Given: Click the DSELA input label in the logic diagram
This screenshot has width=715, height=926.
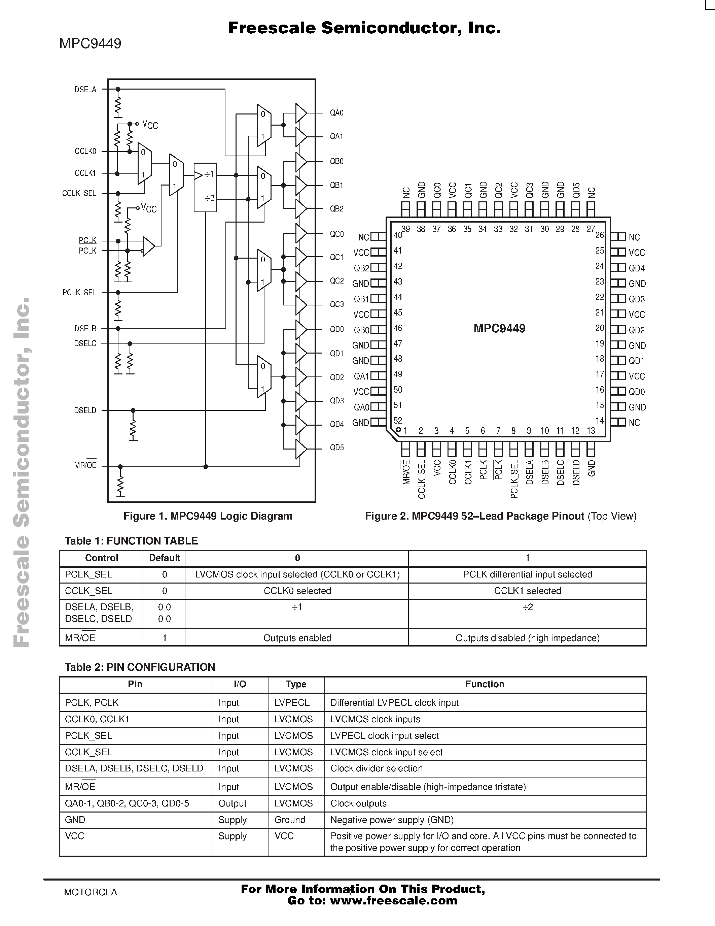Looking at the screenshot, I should (x=85, y=90).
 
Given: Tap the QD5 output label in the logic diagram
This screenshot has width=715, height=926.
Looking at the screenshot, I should (x=337, y=448).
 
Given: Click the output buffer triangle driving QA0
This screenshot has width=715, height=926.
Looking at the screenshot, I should (x=300, y=113).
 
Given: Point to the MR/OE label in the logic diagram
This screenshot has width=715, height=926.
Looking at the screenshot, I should (x=85, y=466).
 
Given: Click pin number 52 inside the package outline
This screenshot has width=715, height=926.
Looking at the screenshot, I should (x=398, y=421).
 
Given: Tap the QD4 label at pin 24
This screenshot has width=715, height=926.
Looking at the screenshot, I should (x=637, y=268).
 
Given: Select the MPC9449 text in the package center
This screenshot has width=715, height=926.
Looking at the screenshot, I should (x=499, y=329).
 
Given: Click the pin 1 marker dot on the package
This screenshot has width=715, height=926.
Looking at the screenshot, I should (x=398, y=430).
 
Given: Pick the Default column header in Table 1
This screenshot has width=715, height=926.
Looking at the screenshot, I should (x=164, y=558).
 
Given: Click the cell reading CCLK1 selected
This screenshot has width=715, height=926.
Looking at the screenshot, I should (x=527, y=591).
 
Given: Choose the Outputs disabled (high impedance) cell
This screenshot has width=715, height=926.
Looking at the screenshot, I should (x=527, y=638).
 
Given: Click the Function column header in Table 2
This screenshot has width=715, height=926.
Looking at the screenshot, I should (x=485, y=684).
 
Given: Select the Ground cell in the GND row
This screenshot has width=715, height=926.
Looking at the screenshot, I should (x=290, y=820).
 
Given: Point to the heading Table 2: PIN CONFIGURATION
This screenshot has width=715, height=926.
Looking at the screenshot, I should (x=140, y=667).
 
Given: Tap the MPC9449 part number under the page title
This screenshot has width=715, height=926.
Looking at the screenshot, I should (x=90, y=44).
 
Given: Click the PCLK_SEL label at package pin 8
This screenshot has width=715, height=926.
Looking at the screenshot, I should (x=514, y=479).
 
